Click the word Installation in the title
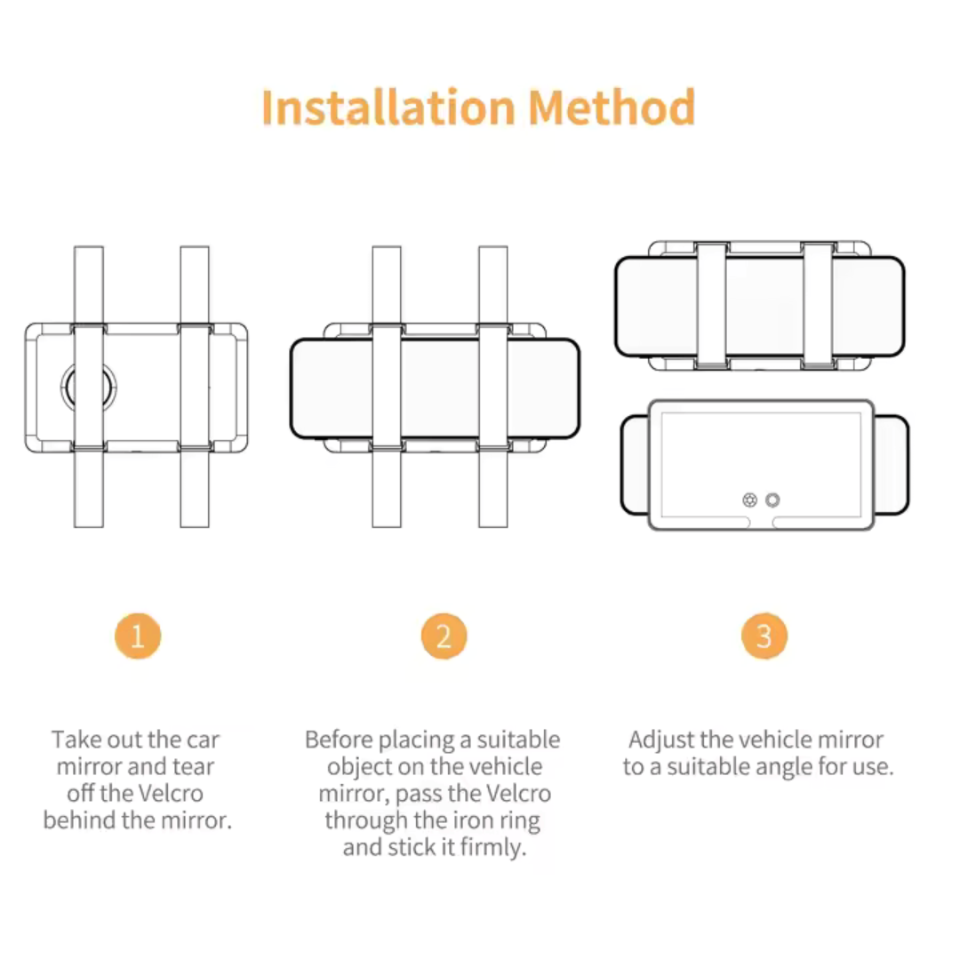(388, 108)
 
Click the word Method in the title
(612, 108)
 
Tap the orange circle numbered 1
(138, 636)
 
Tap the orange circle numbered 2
(444, 636)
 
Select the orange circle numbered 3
(764, 636)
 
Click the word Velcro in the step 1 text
(168, 794)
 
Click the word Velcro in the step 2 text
(515, 794)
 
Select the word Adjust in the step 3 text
(661, 740)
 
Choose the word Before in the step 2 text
(339, 740)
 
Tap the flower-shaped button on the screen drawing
(749, 500)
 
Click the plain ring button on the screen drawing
(772, 500)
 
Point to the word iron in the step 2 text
(481, 820)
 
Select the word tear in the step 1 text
(193, 766)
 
